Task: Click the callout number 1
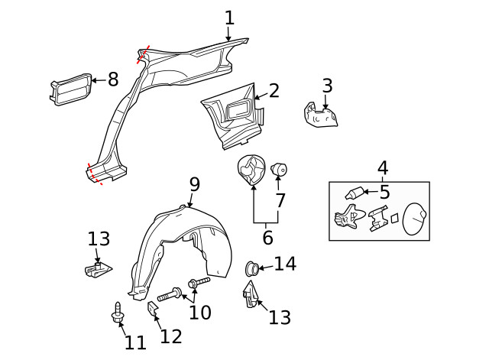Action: coord(229,18)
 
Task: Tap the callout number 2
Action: coord(274,91)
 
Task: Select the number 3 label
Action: coord(327,86)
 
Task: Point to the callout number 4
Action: coord(383,167)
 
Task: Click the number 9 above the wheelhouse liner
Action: coord(195,184)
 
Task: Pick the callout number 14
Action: coord(284,264)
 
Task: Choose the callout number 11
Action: coord(135,342)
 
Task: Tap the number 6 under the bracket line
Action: coord(267,238)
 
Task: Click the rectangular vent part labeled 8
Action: coord(68,89)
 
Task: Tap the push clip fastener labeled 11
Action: coord(118,313)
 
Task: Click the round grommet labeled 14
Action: coord(250,268)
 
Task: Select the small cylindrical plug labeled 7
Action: coord(278,168)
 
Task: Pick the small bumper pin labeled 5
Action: coord(356,193)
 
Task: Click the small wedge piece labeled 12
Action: coord(151,309)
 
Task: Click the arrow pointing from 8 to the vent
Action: coord(96,79)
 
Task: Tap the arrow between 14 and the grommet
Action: coord(264,267)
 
